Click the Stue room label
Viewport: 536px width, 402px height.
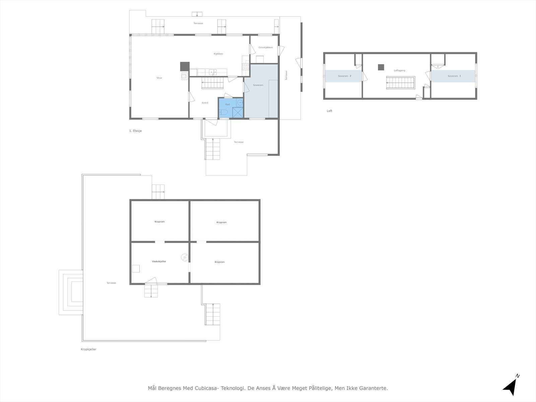pos(159,78)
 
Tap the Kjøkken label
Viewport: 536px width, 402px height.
pos(218,54)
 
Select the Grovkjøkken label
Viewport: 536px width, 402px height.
pos(266,47)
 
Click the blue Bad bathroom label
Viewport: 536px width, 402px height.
pos(227,105)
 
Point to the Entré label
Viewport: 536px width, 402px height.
pos(205,103)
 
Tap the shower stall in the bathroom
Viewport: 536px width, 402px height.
pos(238,112)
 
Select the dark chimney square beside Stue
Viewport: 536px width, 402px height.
pos(185,66)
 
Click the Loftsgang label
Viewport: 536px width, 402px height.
pos(400,70)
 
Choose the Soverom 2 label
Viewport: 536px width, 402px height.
pos(345,76)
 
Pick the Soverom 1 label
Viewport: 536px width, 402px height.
pos(454,76)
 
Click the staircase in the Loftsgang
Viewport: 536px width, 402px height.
pos(400,82)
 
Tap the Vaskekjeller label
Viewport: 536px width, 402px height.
pos(159,261)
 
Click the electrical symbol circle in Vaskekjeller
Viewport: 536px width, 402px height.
pos(185,257)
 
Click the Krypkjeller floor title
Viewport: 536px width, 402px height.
pos(89,349)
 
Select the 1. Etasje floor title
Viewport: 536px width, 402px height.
pos(136,131)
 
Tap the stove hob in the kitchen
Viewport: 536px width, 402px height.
pos(246,67)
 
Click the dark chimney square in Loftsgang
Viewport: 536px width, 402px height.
pos(381,67)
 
